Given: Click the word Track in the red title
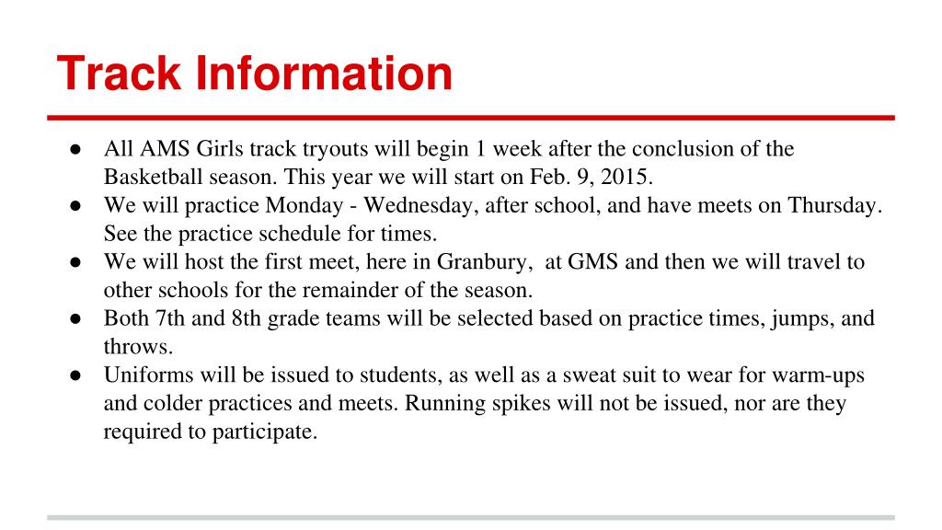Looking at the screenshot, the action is click(x=119, y=74).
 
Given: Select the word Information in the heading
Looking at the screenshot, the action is click(x=324, y=74).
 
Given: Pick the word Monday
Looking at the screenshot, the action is click(x=304, y=205).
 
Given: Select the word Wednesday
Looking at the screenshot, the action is click(x=420, y=205).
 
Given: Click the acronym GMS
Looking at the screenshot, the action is click(x=593, y=262).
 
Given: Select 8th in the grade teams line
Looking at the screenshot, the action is click(x=247, y=318).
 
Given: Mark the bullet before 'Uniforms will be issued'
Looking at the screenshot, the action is click(x=75, y=375).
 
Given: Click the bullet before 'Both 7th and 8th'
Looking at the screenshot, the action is click(x=75, y=319).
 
